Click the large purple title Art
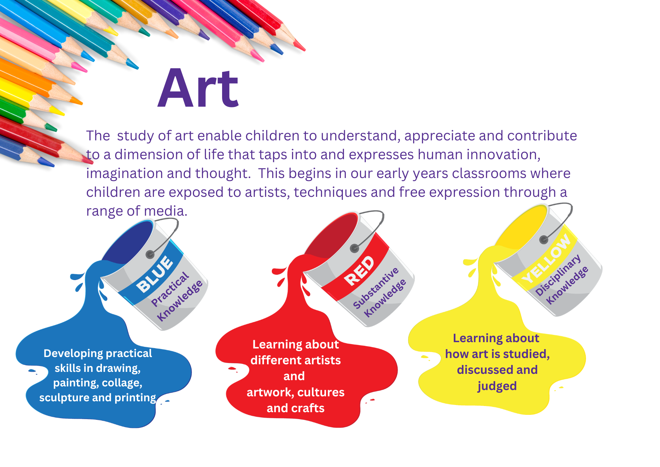pyautogui.click(x=198, y=89)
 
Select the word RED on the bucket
pyautogui.click(x=359, y=271)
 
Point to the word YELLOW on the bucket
pyautogui.click(x=547, y=259)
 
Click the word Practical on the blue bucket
pyautogui.click(x=170, y=289)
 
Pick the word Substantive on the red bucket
pyautogui.click(x=376, y=288)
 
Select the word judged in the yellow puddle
pyautogui.click(x=497, y=386)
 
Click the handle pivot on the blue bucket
pyautogui.click(x=150, y=254)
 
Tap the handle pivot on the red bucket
pyautogui.click(x=354, y=248)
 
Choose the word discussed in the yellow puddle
pyautogui.click(x=481, y=370)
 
